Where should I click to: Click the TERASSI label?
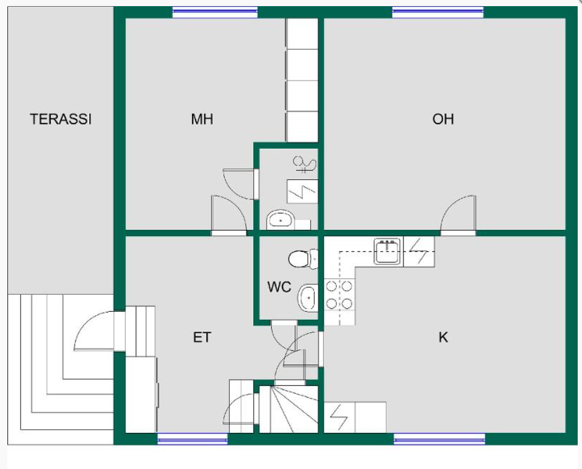[61, 119]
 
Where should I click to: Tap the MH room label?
[202, 119]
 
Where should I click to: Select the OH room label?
[443, 119]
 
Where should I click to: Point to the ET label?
[202, 337]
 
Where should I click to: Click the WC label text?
[279, 287]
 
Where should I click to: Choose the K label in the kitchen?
[443, 337]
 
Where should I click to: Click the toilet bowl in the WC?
[303, 259]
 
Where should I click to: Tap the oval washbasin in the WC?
[308, 298]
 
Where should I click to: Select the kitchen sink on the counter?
[388, 251]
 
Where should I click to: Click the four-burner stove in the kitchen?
[339, 295]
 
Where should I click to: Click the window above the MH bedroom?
[215, 12]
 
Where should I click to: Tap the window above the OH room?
[438, 12]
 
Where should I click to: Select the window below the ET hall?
[192, 439]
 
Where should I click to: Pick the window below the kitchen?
[439, 439]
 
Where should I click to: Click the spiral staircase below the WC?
[289, 409]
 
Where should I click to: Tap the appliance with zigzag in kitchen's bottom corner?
[340, 418]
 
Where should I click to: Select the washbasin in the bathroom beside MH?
[281, 220]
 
